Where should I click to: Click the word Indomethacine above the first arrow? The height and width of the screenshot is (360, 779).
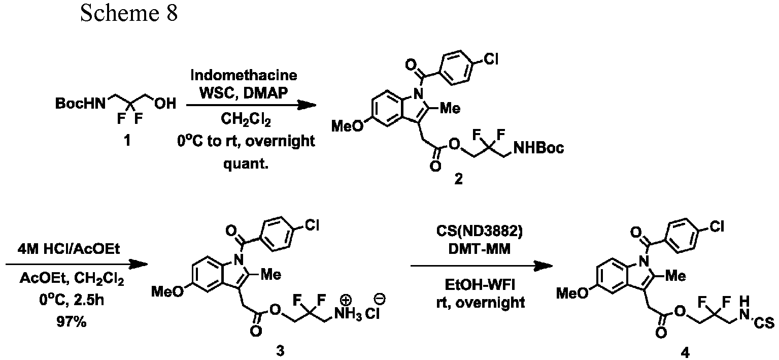[244, 75]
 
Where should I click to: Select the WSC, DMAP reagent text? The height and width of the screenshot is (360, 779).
[244, 93]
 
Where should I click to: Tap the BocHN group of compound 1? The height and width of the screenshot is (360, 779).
[80, 103]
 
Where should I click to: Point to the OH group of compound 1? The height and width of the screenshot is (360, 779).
[165, 103]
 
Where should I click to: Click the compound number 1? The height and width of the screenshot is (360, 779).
[127, 141]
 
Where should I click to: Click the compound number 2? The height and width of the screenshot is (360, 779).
[459, 179]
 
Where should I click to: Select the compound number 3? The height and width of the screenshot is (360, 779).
[280, 351]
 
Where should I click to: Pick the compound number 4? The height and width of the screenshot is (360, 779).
[685, 353]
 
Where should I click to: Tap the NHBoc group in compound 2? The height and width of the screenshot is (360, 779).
[538, 148]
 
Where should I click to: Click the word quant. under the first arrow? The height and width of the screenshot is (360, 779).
[246, 163]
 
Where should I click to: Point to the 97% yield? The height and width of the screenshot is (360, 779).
[72, 322]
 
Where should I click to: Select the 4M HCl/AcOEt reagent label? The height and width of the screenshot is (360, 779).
[69, 249]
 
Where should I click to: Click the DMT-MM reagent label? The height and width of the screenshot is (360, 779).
[480, 249]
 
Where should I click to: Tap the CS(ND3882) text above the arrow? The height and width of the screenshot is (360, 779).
[480, 232]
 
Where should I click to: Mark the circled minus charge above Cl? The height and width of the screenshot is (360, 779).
[380, 299]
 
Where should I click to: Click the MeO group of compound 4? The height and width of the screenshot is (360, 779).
[572, 293]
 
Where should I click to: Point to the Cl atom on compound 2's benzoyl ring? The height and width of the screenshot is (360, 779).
[491, 59]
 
